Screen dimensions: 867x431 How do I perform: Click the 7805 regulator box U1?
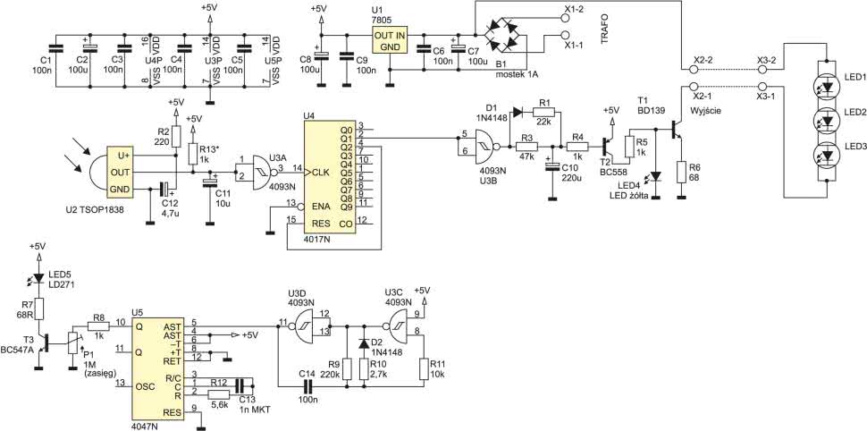click(391, 41)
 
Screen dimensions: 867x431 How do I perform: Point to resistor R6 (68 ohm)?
click(681, 171)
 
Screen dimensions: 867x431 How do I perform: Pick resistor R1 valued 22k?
click(543, 113)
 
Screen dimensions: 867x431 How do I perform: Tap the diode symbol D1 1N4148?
click(518, 113)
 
